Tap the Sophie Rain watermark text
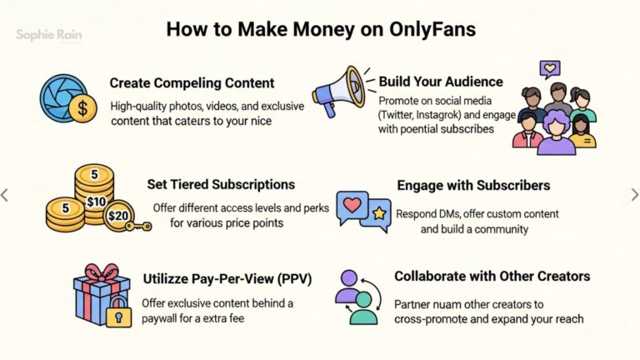(x=49, y=35)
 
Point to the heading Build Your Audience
(x=441, y=82)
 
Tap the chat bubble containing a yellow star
(x=376, y=217)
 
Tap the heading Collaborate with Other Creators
(x=492, y=276)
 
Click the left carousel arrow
(x=5, y=195)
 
